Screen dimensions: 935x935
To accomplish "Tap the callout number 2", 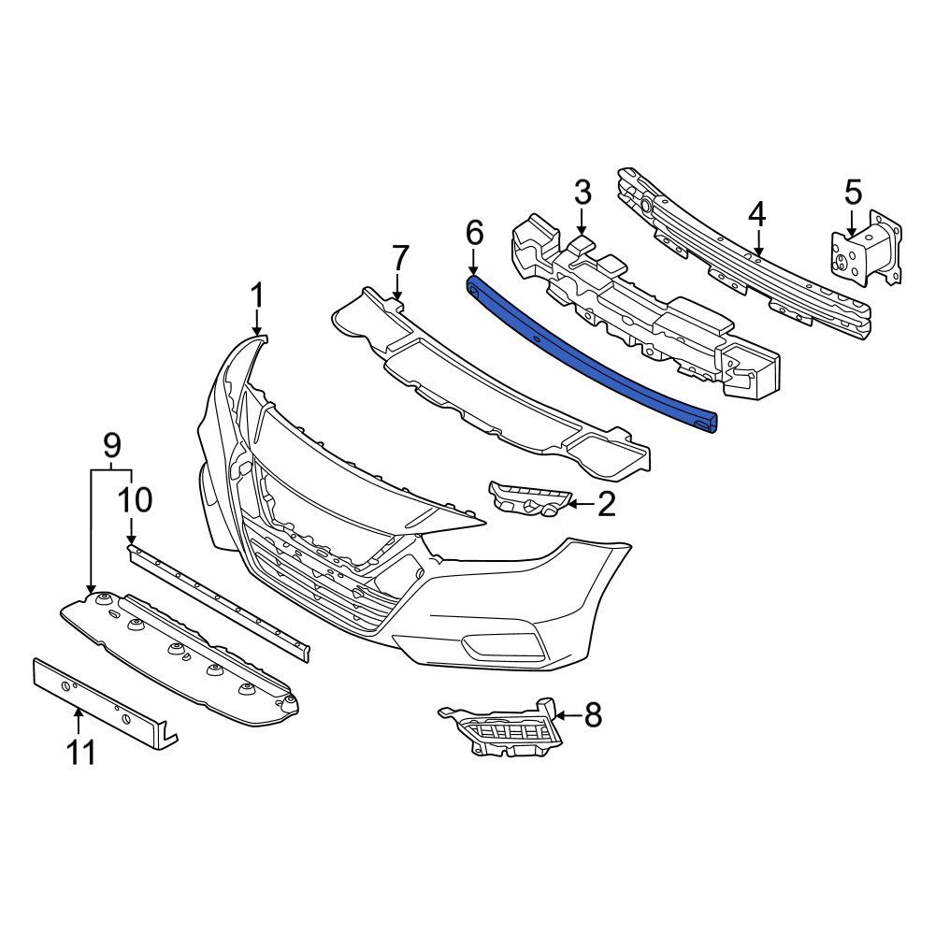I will coord(606,505).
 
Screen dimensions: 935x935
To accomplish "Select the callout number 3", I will coord(582,194).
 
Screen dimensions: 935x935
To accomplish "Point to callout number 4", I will coord(756,214).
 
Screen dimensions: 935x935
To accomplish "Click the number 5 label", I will coord(853,194).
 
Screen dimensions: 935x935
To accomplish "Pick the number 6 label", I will coord(473,232).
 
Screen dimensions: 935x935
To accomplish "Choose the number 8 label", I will coord(593,716).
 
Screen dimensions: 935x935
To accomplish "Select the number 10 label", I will coord(136,500).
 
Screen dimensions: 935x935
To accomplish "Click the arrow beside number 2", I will coord(578,506).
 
